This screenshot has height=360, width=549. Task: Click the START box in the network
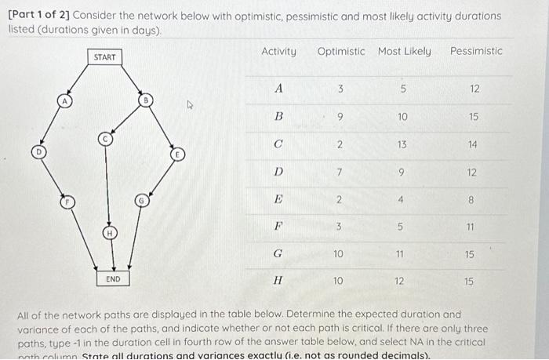coord(104,57)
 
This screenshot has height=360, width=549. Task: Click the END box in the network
coord(113,278)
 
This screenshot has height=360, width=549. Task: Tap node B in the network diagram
coord(145,100)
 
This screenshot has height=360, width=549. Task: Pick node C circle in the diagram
coord(104,139)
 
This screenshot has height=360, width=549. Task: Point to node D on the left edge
coord(36,151)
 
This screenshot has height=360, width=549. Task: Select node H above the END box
coord(110,234)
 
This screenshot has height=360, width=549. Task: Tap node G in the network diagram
coord(141,202)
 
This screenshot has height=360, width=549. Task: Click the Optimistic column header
coord(340,52)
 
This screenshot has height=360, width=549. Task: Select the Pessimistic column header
coord(476,52)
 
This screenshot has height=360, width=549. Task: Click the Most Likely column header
coord(404,52)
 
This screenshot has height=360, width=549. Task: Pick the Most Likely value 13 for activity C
coord(402,145)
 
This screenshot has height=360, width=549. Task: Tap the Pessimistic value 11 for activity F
coord(471,227)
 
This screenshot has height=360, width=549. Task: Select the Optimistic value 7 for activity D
coord(339,173)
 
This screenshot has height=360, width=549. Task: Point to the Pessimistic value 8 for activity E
coord(471,200)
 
